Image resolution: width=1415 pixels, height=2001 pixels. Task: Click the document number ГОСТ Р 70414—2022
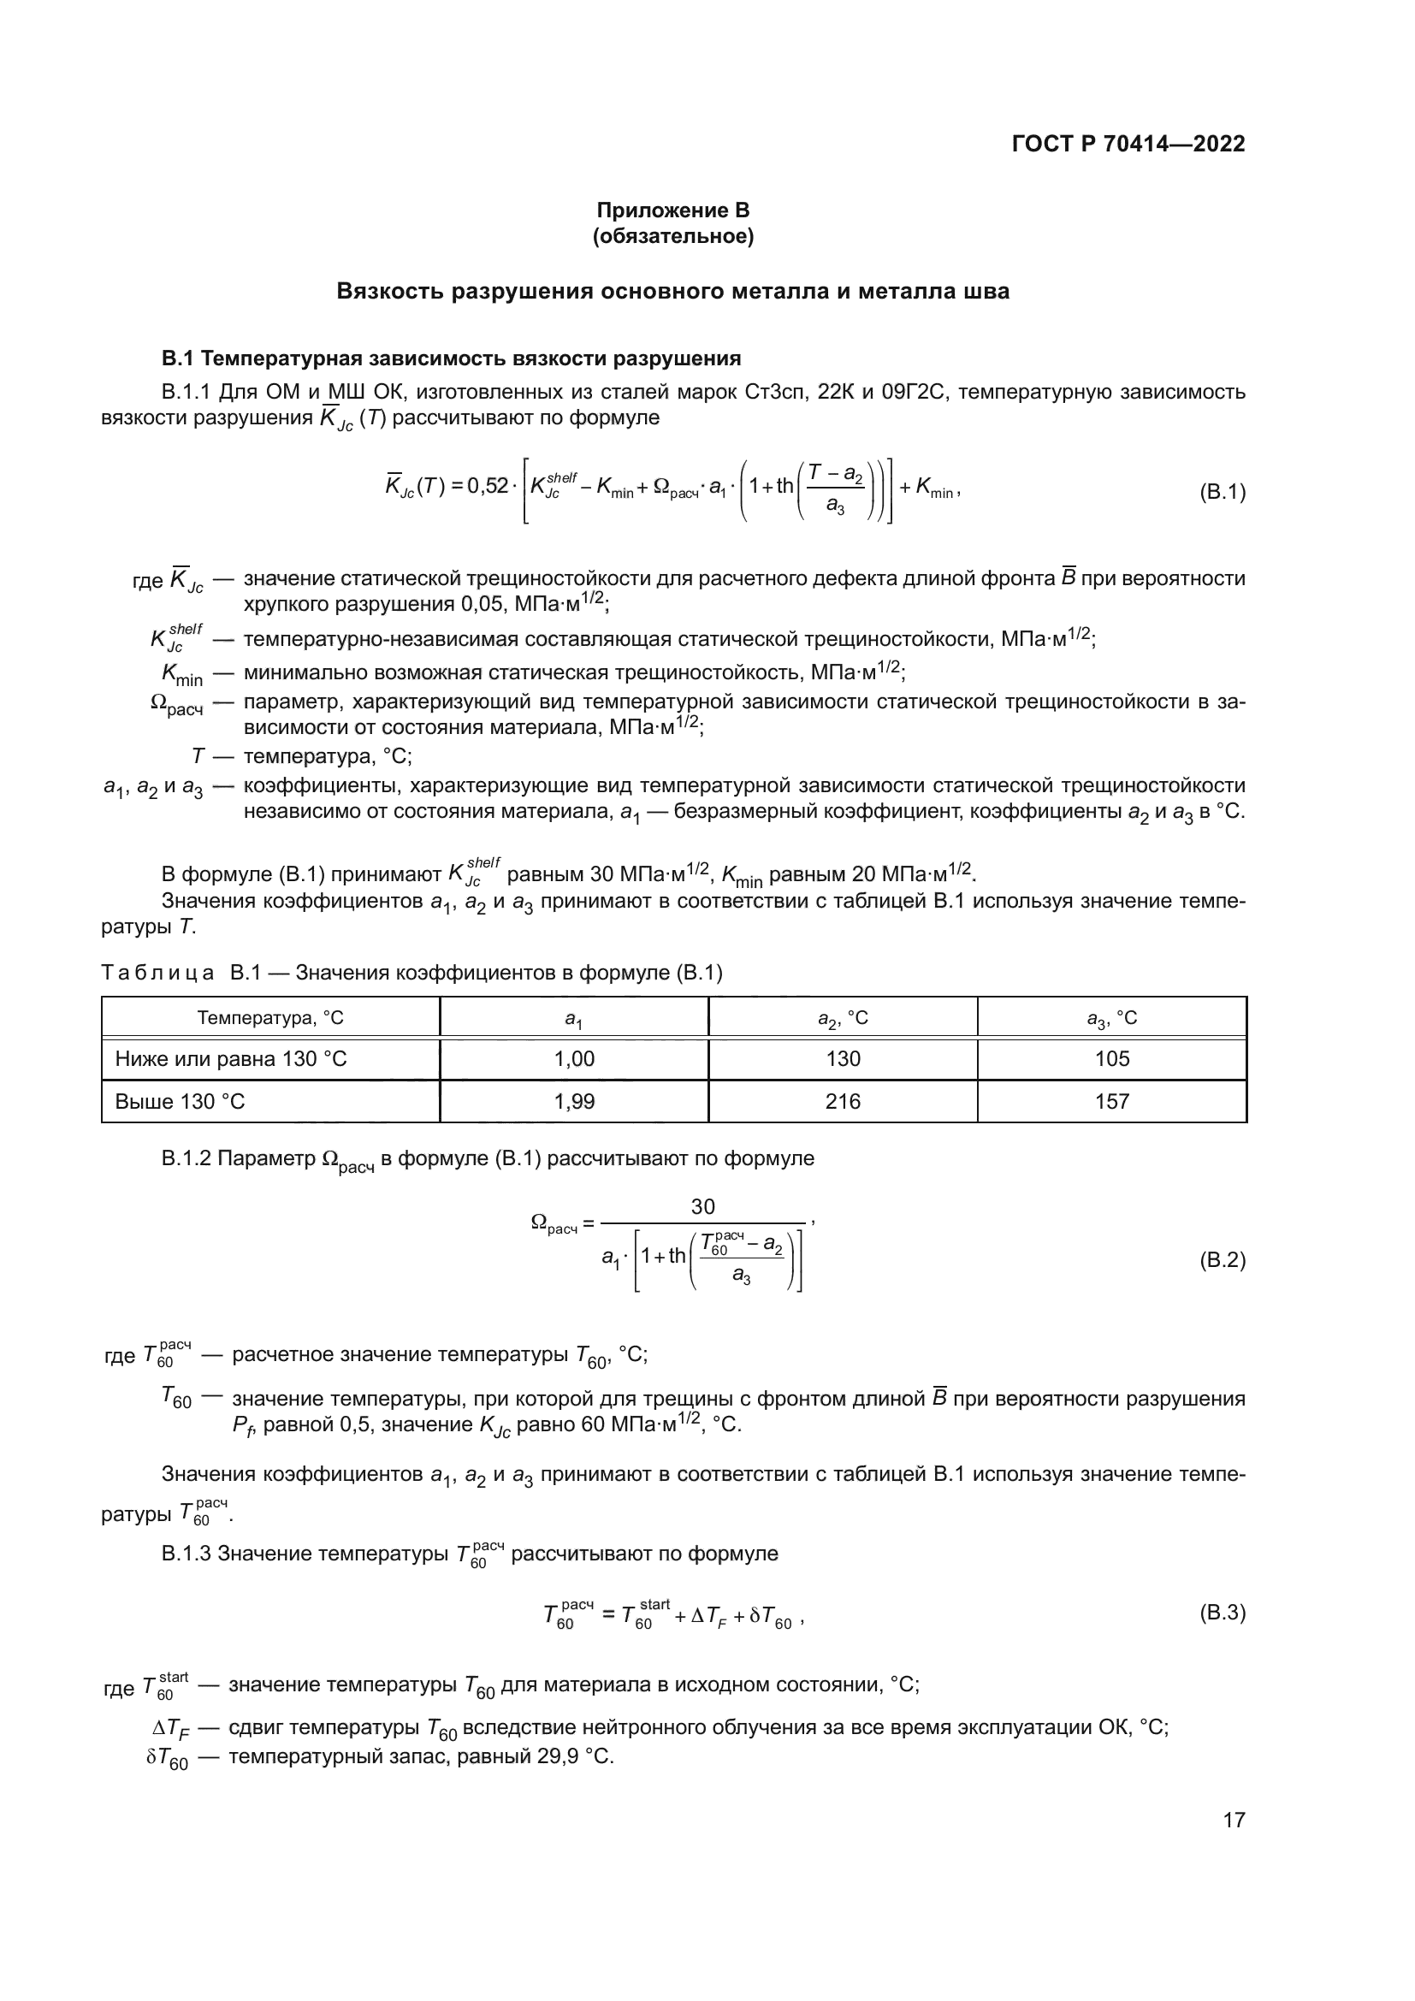[1128, 144]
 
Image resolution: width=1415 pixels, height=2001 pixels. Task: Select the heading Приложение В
[672, 210]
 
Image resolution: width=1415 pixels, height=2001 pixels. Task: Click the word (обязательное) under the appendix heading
[672, 236]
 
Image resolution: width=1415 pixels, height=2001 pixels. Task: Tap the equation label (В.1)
[1223, 492]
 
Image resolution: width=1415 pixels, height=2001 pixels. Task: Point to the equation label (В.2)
[1223, 1260]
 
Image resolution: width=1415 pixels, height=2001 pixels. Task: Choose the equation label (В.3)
[1223, 1612]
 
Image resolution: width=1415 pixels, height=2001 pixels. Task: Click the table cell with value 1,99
[574, 1102]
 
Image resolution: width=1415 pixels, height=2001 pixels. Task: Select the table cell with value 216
[843, 1102]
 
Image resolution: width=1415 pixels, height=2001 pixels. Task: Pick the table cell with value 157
[1112, 1102]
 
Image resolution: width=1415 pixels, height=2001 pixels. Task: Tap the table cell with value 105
[1112, 1059]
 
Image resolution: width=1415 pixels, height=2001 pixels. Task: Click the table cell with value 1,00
[574, 1059]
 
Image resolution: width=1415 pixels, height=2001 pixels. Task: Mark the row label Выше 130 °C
[181, 1102]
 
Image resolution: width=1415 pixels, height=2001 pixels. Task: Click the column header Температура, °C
[270, 1018]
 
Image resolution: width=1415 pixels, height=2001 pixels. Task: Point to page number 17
[1234, 1820]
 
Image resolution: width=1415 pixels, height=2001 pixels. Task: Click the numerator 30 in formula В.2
[702, 1206]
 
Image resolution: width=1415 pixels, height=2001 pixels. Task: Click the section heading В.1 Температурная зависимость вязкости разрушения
[452, 358]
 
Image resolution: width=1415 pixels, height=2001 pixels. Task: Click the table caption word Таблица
[157, 973]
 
